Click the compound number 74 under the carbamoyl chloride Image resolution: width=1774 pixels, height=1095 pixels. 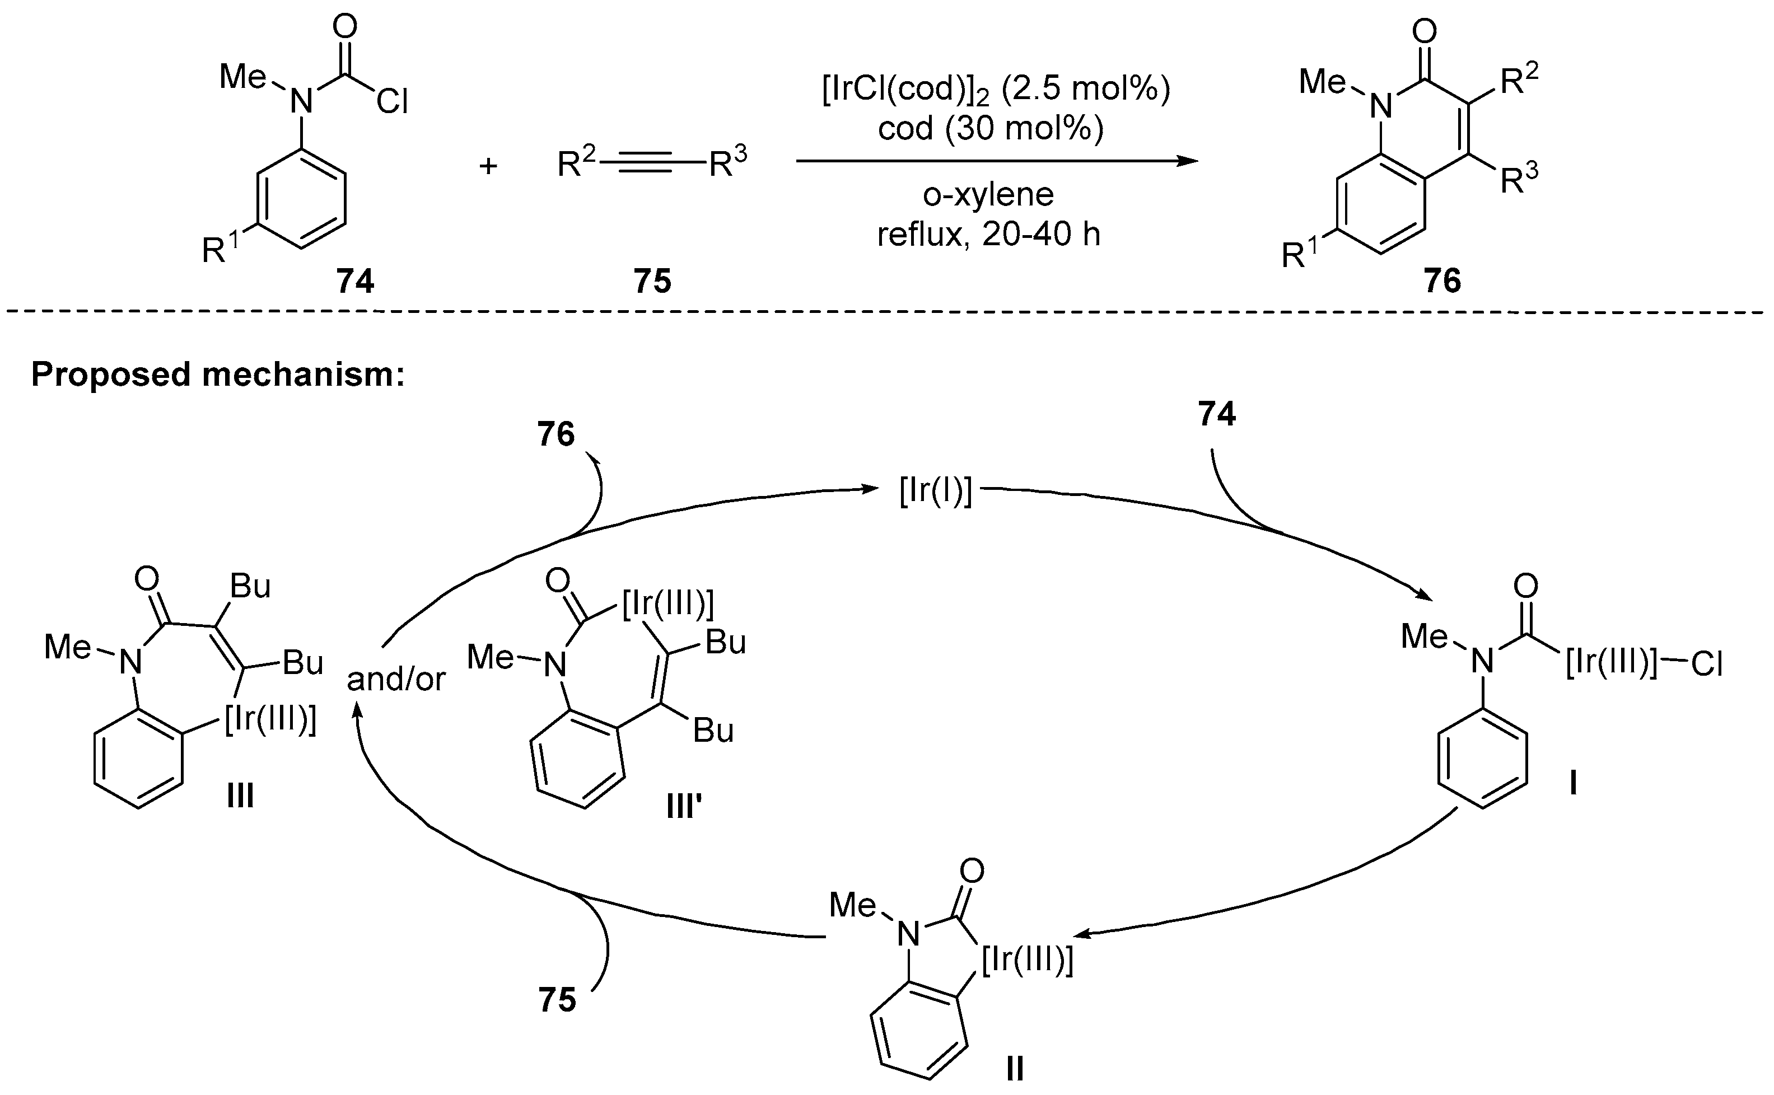[x=355, y=281]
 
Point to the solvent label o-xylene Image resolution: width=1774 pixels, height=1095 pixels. [x=988, y=195]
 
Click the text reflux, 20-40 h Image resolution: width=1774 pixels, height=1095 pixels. [x=988, y=235]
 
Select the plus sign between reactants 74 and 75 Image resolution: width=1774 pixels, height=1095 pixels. [x=488, y=167]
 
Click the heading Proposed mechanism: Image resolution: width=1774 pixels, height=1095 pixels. [x=217, y=375]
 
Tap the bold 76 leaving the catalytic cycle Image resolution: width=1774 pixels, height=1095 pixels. [x=555, y=434]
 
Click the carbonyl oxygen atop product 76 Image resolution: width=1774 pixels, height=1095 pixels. [x=1425, y=31]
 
